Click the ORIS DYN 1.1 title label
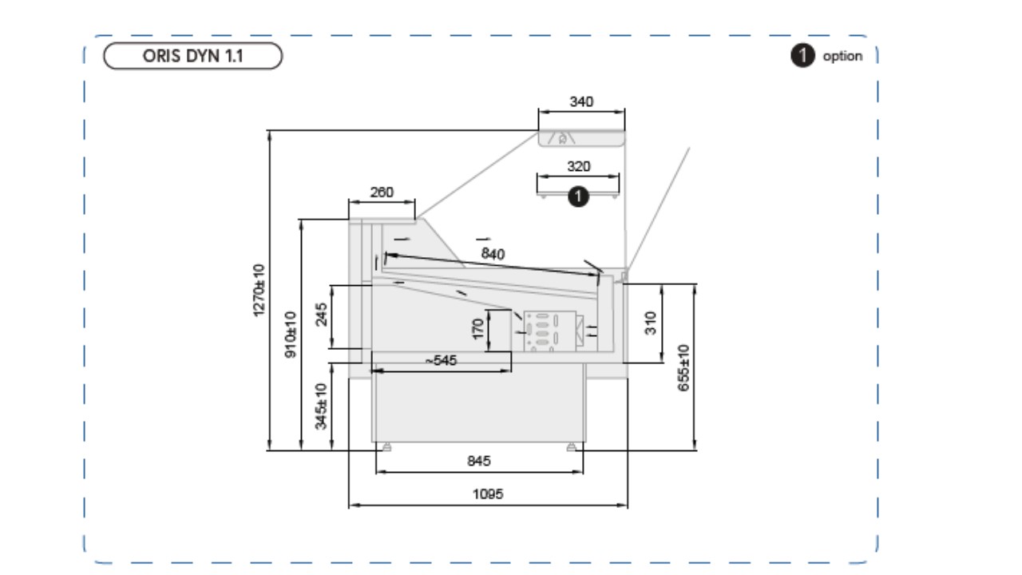(x=192, y=56)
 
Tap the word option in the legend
(x=842, y=56)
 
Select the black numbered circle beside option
(x=802, y=55)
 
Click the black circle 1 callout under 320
(x=578, y=196)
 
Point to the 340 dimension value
(x=581, y=101)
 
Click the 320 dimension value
(x=579, y=166)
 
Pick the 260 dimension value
(x=382, y=192)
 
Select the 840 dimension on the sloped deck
(x=493, y=254)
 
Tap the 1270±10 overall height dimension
(x=258, y=290)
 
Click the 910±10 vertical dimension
(x=290, y=335)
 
